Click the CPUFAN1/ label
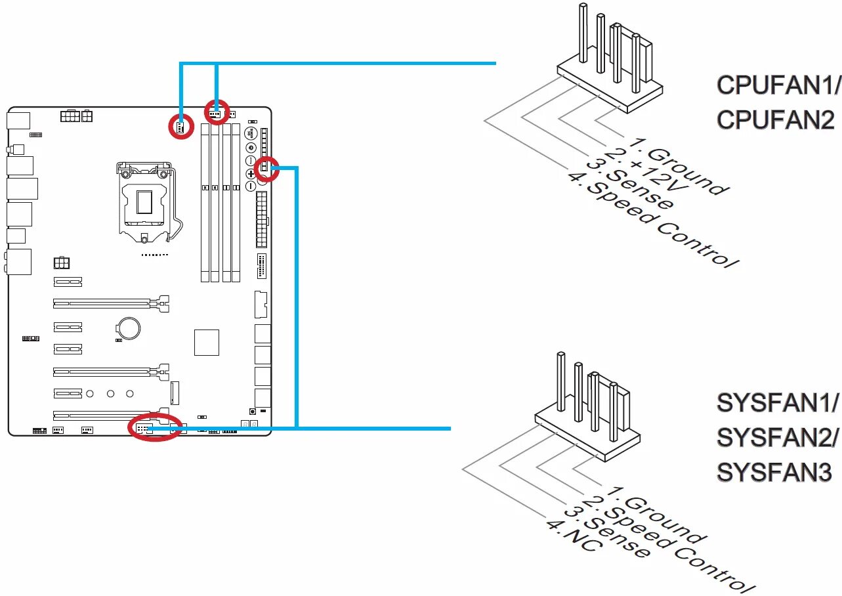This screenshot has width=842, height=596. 778,85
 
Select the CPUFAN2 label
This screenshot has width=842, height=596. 776,120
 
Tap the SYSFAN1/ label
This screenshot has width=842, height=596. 778,403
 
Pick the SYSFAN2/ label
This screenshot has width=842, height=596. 778,438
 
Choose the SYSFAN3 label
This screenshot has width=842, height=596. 774,473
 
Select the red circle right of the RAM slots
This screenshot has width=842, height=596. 266,168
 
